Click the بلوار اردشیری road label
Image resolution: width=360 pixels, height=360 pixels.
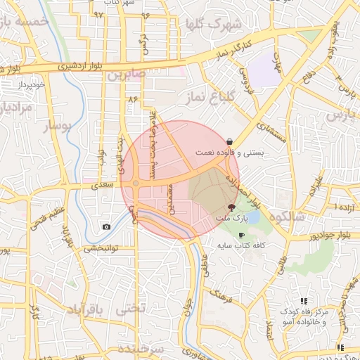pyautogui.click(x=82, y=66)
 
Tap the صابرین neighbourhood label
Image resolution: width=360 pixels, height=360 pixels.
pyautogui.click(x=126, y=72)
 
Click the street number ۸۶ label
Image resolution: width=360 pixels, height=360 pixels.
pyautogui.click(x=134, y=99)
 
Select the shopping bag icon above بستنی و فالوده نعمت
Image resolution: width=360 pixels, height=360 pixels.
pyautogui.click(x=231, y=141)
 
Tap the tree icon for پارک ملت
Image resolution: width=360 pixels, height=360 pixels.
pyautogui.click(x=232, y=207)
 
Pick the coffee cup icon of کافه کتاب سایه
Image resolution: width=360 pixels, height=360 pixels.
pyautogui.click(x=241, y=236)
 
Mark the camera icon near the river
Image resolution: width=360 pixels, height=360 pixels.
pyautogui.click(x=106, y=226)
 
